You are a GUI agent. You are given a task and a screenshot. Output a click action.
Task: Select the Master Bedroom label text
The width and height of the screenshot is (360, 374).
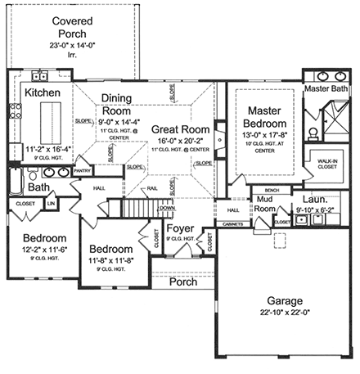coord(263,117)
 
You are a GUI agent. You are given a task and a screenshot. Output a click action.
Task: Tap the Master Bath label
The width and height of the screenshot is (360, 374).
coord(326,88)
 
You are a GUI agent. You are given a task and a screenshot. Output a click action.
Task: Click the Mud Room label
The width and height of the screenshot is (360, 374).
coord(266,203)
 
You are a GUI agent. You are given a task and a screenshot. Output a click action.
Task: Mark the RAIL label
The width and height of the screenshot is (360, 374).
coord(151,187)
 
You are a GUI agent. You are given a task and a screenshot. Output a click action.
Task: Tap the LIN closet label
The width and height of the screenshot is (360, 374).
coord(50,203)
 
